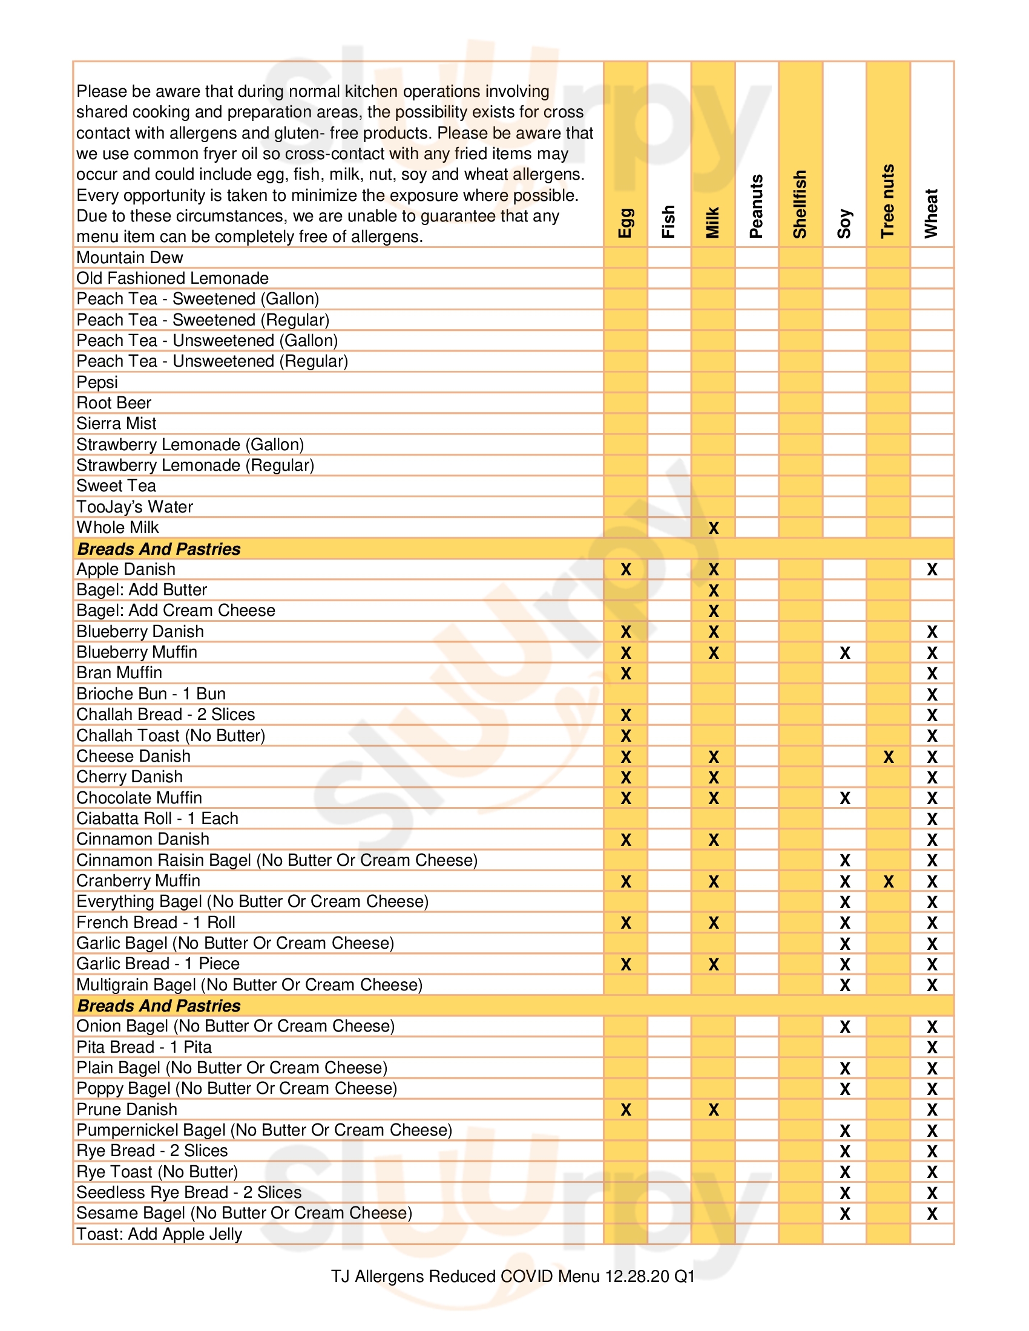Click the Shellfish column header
click(x=800, y=203)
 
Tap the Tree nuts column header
click(x=887, y=200)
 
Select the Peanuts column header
click(x=756, y=206)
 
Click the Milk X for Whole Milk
click(x=713, y=528)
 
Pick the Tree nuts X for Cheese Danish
click(x=888, y=757)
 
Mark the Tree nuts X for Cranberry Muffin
click(x=888, y=881)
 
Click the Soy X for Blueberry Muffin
click(x=844, y=653)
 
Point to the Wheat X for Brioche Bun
click(x=932, y=695)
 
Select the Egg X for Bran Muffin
click(x=625, y=673)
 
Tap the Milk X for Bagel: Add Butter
click(x=713, y=590)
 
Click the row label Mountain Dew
click(x=130, y=258)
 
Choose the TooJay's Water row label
click(x=134, y=507)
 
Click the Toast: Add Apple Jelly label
click(x=159, y=1234)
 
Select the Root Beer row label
click(x=113, y=403)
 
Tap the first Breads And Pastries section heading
click(x=159, y=549)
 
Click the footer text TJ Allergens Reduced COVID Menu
click(x=513, y=1276)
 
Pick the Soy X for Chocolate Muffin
click(x=844, y=799)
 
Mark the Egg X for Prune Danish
click(x=625, y=1110)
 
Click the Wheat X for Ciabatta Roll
click(x=932, y=819)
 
